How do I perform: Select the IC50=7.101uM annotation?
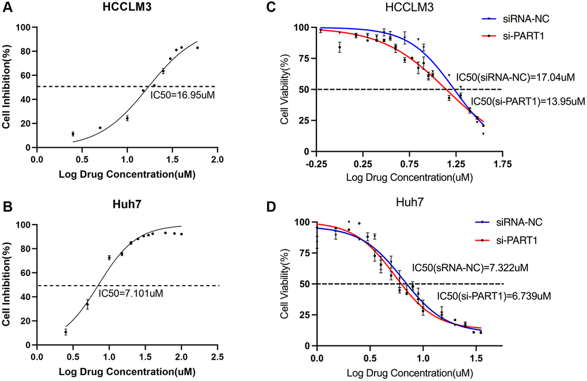point(131,294)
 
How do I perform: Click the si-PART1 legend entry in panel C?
point(521,35)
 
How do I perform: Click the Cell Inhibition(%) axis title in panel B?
point(7,283)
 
